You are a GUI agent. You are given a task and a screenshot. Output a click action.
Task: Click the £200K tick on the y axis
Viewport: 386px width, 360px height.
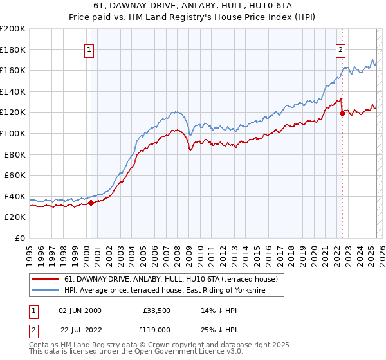coord(13,29)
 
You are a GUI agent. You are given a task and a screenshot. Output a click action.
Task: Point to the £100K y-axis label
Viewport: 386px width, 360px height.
coord(13,133)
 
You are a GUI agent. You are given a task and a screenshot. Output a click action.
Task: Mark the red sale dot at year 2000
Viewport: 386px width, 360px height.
coord(91,203)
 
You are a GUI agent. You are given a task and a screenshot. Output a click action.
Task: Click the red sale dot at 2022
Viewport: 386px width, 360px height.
coord(342,113)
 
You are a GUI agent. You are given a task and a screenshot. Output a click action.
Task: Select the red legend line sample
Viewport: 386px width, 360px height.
coord(45,280)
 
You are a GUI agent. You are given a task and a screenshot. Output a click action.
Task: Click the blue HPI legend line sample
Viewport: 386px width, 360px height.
coord(45,291)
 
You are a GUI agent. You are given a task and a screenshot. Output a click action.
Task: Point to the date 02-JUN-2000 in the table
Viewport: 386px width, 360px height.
coord(80,310)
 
